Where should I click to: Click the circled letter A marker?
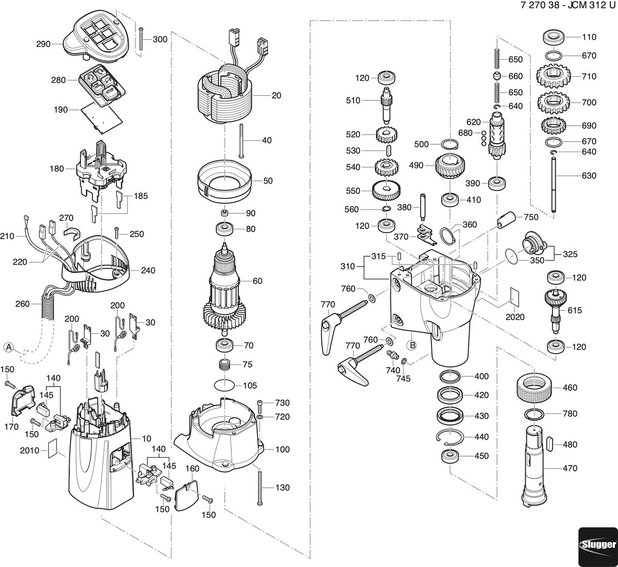tap(9, 347)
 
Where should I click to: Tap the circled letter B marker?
tap(412, 345)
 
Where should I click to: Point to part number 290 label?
tap(43, 44)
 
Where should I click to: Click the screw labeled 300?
tap(141, 39)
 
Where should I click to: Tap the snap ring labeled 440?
tap(450, 437)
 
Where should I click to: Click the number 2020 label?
tap(515, 317)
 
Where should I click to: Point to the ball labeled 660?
tap(496, 76)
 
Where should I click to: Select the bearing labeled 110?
tap(554, 37)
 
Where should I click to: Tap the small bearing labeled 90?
tap(225, 213)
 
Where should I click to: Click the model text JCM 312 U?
tap(590, 6)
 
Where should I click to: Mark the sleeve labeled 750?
tap(506, 219)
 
